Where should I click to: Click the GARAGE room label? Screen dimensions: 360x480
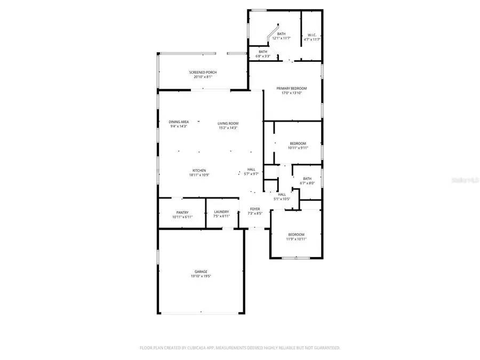[201, 271]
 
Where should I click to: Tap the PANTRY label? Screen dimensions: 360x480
[182, 212]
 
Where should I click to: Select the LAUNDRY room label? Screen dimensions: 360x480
[221, 212]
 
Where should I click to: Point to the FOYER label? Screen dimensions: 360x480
[255, 209]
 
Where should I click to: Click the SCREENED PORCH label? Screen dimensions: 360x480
[203, 72]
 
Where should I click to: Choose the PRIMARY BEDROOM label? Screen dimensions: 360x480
[291, 88]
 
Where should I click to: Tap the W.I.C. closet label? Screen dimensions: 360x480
[312, 34]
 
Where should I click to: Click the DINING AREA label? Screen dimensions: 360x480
[179, 122]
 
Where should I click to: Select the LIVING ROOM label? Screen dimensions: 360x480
[228, 123]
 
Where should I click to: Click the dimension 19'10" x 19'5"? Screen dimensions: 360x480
[201, 276]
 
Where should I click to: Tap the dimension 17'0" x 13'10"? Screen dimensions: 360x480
[291, 93]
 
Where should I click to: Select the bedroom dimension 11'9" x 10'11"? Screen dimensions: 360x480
[296, 239]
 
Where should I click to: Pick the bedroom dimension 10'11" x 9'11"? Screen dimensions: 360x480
[298, 148]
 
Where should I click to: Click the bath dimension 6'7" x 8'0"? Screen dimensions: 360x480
[307, 183]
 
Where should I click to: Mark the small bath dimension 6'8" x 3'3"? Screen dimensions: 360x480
[263, 56]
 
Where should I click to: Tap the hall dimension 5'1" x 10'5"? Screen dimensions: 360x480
[282, 199]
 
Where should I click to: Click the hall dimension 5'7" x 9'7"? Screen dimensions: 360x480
[251, 174]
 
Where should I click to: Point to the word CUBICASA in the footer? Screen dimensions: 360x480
[201, 348]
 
